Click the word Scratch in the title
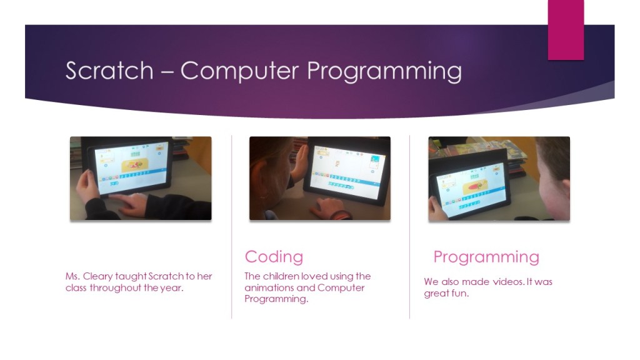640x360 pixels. pyautogui.click(x=109, y=71)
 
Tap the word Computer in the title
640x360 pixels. pyautogui.click(x=239, y=71)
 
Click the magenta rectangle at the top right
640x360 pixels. pyautogui.click(x=566, y=30)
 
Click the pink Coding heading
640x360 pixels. pyautogui.click(x=274, y=257)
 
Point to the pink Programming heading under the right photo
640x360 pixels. pyautogui.click(x=486, y=257)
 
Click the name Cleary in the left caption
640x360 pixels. pyautogui.click(x=98, y=276)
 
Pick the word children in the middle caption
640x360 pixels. pyautogui.click(x=281, y=276)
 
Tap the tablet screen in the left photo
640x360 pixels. pyautogui.click(x=131, y=168)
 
